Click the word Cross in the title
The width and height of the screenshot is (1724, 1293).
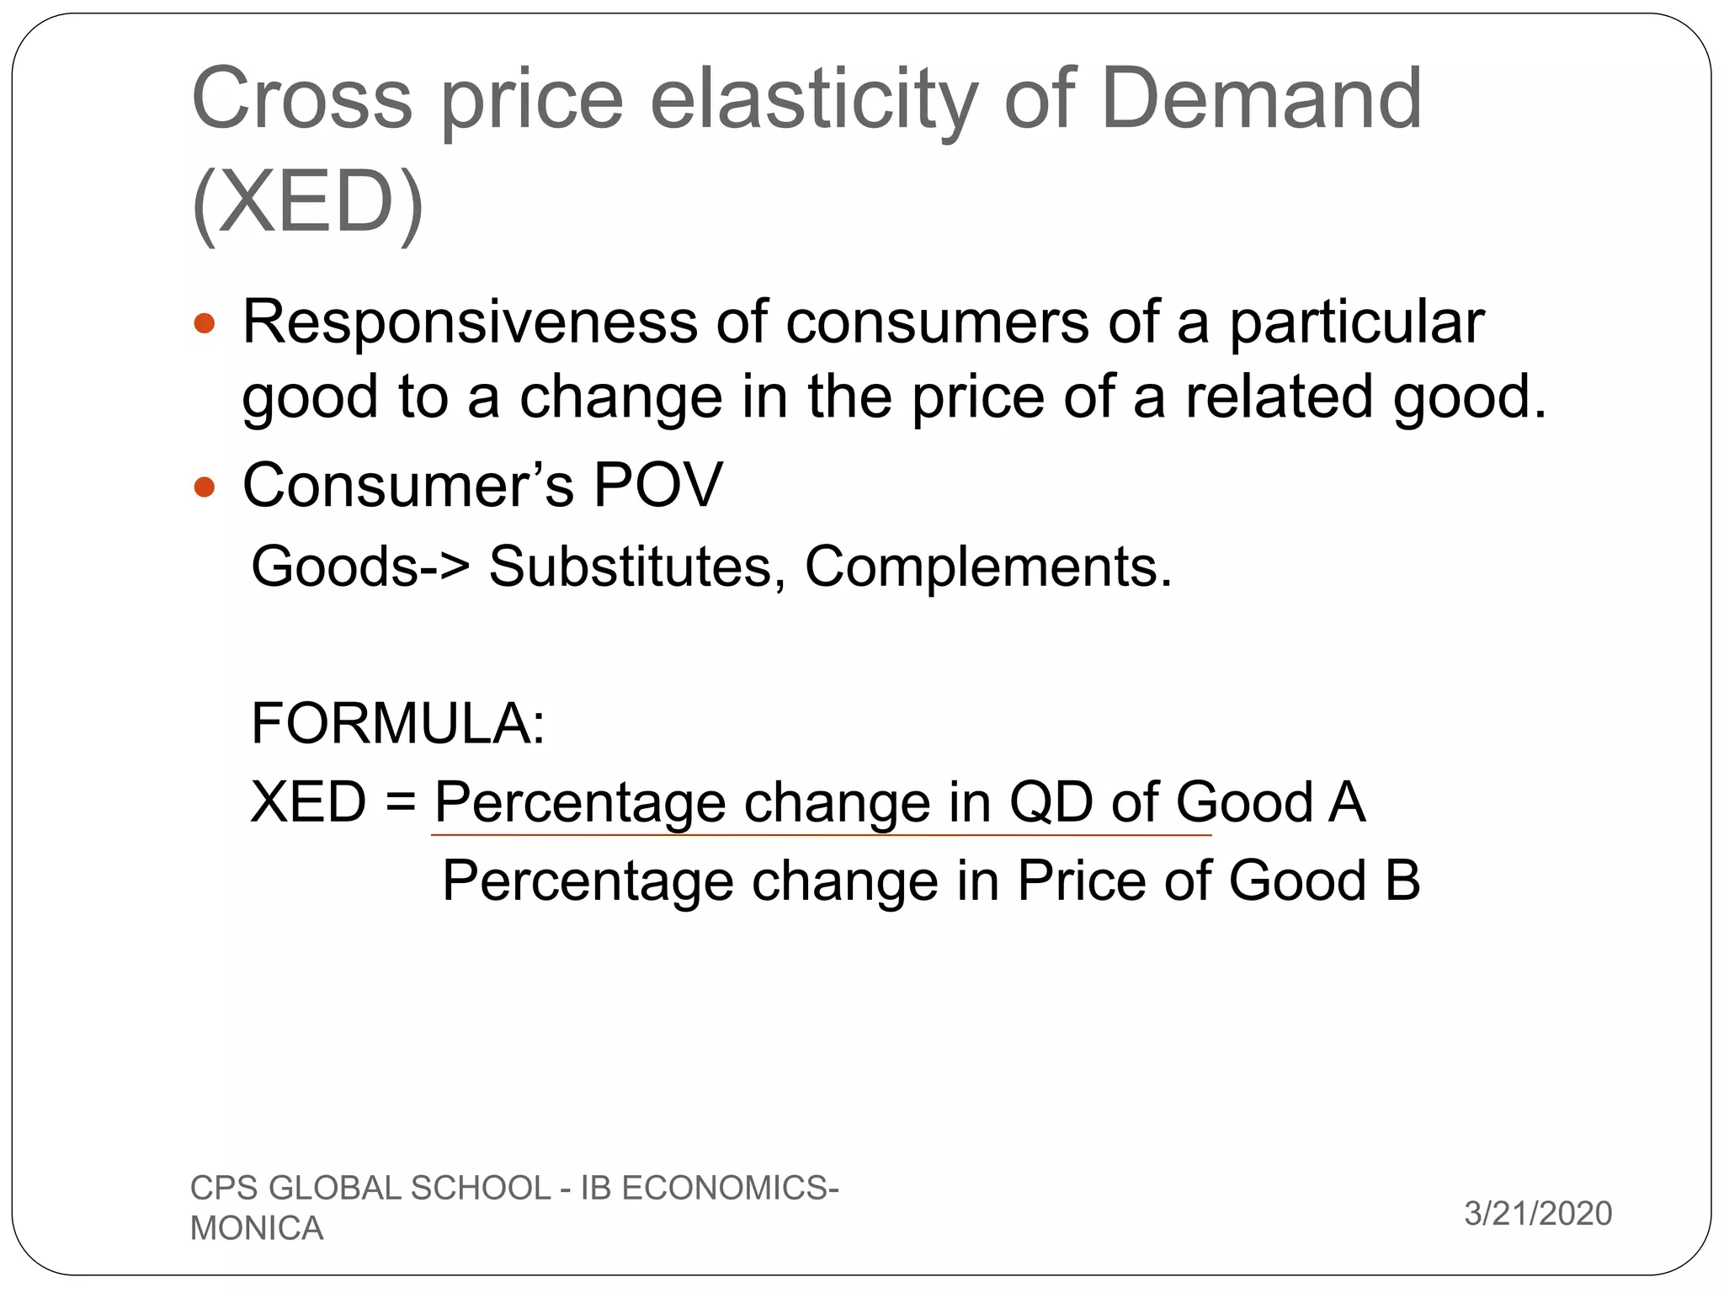point(302,98)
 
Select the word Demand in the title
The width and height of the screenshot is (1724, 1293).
point(1261,98)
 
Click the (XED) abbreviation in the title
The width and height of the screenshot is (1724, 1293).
point(308,202)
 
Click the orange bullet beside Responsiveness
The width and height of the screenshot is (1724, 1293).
point(205,323)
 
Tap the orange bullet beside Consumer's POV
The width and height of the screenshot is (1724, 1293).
point(205,487)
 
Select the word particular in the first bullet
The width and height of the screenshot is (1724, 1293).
point(1356,322)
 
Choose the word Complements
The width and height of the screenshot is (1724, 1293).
point(987,566)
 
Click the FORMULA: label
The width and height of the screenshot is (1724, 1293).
point(398,723)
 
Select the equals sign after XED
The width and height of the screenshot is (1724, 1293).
point(401,802)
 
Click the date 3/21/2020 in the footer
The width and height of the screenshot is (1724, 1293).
point(1537,1213)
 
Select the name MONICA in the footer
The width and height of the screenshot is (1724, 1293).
point(257,1228)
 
